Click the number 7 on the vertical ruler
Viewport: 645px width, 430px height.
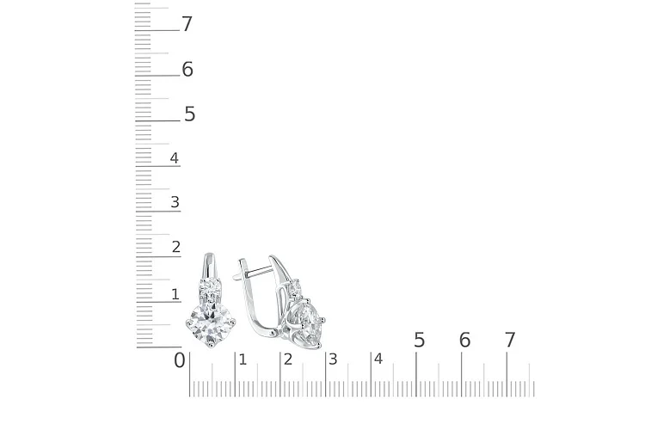point(187,24)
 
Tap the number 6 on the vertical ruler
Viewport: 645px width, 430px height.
point(187,69)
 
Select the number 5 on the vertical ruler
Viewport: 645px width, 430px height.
point(190,114)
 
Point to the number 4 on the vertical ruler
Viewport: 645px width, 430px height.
point(175,158)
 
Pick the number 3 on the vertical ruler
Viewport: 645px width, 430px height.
point(175,202)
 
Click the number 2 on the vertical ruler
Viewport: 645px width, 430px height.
point(176,247)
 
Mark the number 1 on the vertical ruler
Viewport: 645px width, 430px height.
point(175,294)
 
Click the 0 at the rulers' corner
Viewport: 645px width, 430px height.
point(180,360)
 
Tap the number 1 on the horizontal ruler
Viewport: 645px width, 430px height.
point(243,359)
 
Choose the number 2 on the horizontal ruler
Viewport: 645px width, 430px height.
point(288,359)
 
